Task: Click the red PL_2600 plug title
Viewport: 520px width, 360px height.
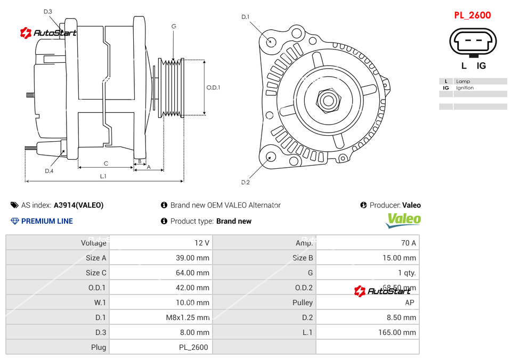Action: click(x=472, y=15)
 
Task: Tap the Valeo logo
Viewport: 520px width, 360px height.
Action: click(x=403, y=219)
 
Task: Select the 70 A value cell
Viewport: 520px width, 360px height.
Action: click(x=408, y=243)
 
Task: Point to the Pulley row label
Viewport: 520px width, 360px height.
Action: click(x=303, y=302)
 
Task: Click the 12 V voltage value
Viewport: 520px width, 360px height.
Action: click(x=202, y=243)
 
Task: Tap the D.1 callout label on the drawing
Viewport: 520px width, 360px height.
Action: click(x=245, y=17)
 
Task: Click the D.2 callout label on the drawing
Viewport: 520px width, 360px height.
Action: click(x=245, y=183)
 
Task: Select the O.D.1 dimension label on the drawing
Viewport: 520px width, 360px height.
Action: click(x=213, y=88)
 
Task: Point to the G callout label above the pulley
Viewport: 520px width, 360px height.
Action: click(x=174, y=26)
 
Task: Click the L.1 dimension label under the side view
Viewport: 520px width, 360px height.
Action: click(x=103, y=176)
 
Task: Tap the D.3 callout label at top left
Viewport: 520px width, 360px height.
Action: click(x=48, y=11)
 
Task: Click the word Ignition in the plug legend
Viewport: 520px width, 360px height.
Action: click(x=465, y=88)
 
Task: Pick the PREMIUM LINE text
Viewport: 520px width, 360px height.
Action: click(x=47, y=221)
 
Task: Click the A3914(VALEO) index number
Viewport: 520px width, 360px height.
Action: click(x=78, y=205)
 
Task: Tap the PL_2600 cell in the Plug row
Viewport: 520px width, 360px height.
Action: click(x=193, y=347)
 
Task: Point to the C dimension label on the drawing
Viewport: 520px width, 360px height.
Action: click(x=105, y=163)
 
